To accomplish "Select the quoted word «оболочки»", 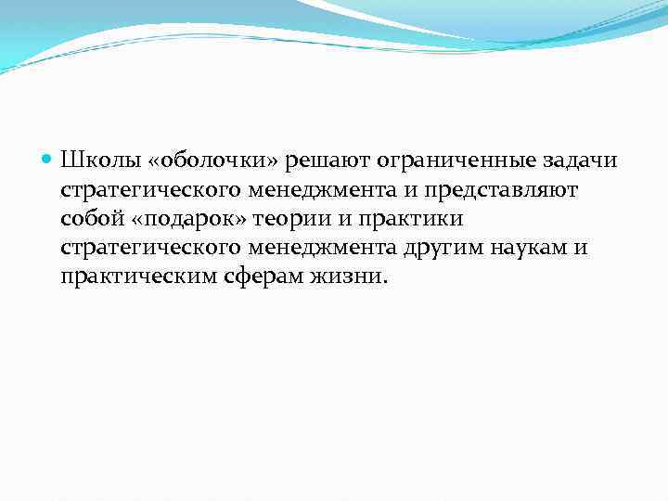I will click(199, 162).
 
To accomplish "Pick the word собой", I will click(89, 220).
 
